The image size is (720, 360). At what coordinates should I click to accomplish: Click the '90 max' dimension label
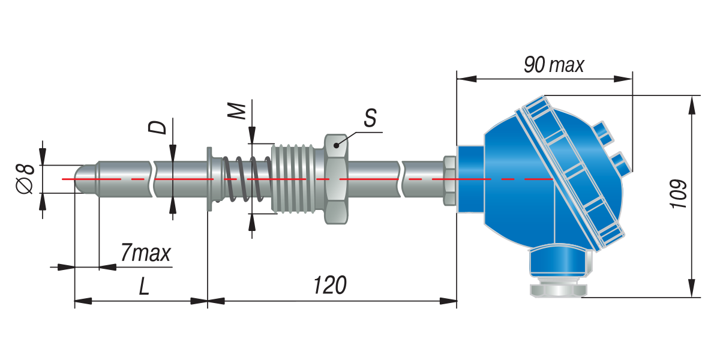click(553, 65)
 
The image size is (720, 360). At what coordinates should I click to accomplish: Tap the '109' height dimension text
click(678, 194)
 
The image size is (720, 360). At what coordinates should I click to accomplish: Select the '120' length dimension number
click(330, 285)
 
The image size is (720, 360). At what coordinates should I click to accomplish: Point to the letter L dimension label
click(144, 286)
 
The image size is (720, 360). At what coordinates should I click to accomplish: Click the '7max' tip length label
click(145, 253)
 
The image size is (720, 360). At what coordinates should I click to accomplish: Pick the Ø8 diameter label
click(25, 179)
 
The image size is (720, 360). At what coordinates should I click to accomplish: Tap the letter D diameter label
click(157, 127)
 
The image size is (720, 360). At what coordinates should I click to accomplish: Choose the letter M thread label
click(236, 110)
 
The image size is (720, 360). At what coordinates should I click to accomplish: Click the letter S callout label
click(370, 118)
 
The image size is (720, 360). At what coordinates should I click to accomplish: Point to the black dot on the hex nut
click(336, 145)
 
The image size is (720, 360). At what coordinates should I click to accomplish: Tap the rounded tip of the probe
click(85, 179)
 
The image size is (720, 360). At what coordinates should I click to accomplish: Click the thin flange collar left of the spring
click(209, 179)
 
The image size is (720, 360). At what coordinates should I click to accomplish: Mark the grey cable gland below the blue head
click(559, 290)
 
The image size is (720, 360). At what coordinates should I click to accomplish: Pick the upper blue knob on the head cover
click(603, 133)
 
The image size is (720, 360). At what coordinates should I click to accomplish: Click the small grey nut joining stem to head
click(449, 181)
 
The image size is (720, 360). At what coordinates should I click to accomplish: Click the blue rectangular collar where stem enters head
click(471, 179)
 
